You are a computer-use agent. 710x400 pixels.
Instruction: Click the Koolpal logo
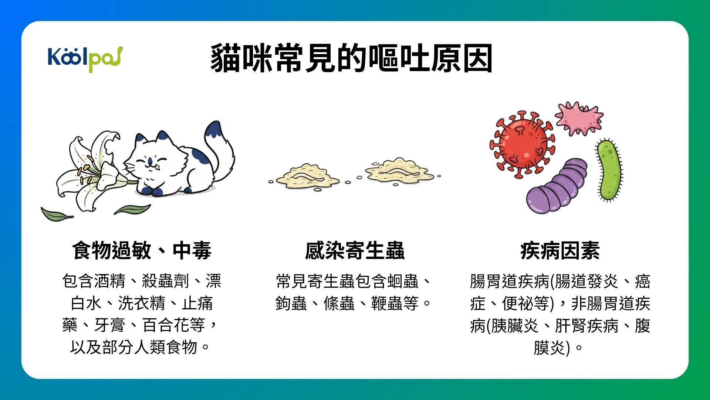pos(85,59)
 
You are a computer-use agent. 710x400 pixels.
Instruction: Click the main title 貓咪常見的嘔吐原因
pos(351,59)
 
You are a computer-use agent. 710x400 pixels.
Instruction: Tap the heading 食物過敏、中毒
pos(142,251)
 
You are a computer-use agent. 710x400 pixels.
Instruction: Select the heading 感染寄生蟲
pos(355,251)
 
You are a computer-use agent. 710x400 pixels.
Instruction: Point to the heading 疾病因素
pos(560,251)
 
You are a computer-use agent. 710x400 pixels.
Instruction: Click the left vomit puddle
pos(307,176)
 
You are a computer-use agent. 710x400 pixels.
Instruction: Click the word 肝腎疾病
pos(586,326)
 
